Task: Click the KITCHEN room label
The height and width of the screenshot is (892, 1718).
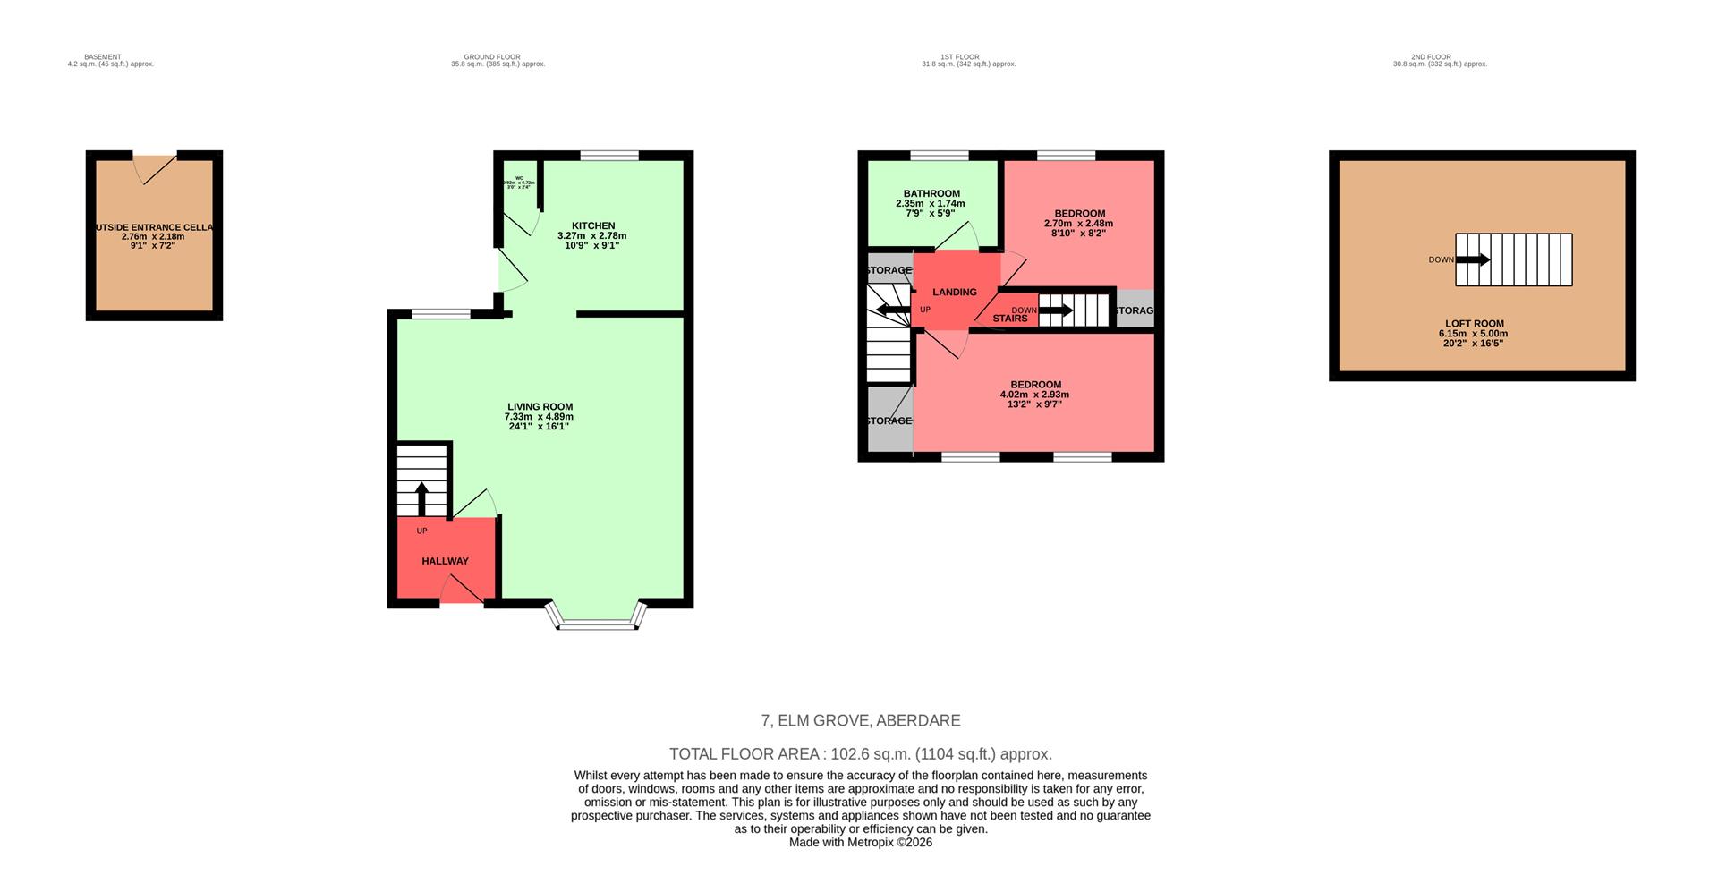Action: click(x=592, y=225)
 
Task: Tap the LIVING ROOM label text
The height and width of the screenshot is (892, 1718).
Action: click(x=540, y=406)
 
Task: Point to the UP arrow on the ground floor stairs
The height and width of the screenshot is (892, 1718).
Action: click(x=422, y=497)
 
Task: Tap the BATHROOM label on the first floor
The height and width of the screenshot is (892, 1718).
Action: click(x=931, y=193)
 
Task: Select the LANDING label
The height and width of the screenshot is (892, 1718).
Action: click(x=954, y=292)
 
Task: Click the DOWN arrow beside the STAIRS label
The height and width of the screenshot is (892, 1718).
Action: click(x=1055, y=310)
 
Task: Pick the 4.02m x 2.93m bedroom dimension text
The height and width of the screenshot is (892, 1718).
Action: click(x=1033, y=395)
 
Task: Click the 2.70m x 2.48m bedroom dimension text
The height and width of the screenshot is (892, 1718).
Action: click(x=1078, y=224)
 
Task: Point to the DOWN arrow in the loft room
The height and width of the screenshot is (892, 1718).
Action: click(x=1473, y=259)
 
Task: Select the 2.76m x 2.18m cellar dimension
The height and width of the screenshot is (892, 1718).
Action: click(x=153, y=237)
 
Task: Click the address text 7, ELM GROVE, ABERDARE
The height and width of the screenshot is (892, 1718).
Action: click(x=860, y=720)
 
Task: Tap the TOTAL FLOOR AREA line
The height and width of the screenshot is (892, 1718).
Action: click(x=860, y=754)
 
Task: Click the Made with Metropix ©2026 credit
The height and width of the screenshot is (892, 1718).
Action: click(x=860, y=843)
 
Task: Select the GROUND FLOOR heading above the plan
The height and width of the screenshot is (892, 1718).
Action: click(x=491, y=57)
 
